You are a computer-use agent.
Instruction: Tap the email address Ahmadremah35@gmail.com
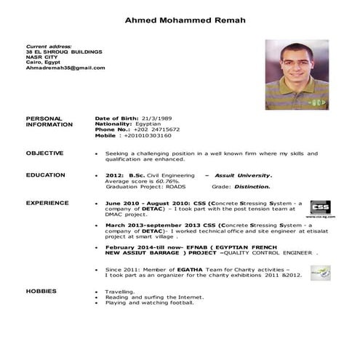tap(65, 68)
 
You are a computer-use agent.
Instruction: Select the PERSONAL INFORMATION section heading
tap(49, 121)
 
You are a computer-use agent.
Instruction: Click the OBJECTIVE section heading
tap(44, 153)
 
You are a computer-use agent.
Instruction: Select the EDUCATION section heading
tap(45, 175)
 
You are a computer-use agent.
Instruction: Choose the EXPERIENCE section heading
tap(47, 203)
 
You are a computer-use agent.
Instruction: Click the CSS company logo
tap(319, 208)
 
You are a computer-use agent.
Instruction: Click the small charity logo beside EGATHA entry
tap(320, 273)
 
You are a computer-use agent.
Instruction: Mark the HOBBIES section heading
tap(41, 290)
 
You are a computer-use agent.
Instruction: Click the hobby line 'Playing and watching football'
tap(150, 303)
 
